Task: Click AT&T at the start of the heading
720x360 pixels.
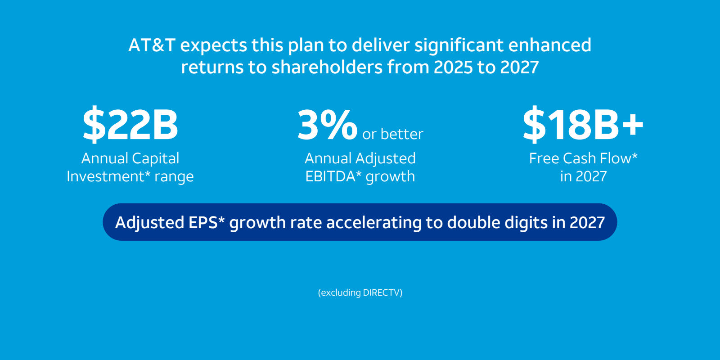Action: pos(152,45)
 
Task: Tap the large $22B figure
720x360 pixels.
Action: pos(130,125)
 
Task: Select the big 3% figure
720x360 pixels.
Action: pos(327,125)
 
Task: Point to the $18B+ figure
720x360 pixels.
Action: pos(583,125)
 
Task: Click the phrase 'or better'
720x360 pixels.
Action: pos(393,134)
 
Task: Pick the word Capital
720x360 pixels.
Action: pos(155,158)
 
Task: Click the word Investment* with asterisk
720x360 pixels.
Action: pos(108,176)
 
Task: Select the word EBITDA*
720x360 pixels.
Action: pos(333,176)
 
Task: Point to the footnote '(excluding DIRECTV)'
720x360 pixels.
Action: pos(360,292)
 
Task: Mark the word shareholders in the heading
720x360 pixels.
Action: pos(327,67)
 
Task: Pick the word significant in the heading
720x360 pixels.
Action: pos(459,45)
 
